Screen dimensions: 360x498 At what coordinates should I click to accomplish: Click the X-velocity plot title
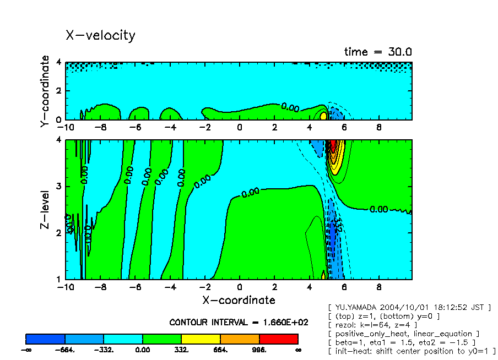tap(100, 36)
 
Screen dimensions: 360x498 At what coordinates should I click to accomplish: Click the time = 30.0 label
tap(378, 52)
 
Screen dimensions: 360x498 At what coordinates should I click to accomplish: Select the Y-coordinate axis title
tap(46, 91)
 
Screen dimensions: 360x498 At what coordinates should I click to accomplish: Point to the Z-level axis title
tap(46, 210)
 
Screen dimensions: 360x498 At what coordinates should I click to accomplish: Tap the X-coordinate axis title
tap(239, 300)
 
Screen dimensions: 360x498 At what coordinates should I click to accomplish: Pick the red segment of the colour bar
tap(278, 339)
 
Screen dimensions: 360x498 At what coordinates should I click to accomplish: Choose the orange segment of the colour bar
tap(240, 339)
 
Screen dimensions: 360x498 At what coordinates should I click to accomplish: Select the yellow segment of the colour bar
tap(201, 339)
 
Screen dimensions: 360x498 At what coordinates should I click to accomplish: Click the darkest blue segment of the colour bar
tap(46, 339)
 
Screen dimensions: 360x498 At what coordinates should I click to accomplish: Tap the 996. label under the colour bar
tap(259, 350)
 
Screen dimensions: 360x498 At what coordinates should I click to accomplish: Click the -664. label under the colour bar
tap(65, 350)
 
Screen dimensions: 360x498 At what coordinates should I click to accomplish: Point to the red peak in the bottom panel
tap(332, 146)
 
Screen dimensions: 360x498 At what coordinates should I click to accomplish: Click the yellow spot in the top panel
tap(323, 116)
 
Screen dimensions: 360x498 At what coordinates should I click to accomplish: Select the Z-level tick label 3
tap(58, 187)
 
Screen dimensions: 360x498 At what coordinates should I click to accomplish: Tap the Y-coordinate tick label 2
tap(58, 91)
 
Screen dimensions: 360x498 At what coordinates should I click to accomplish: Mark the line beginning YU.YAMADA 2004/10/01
tap(409, 307)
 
